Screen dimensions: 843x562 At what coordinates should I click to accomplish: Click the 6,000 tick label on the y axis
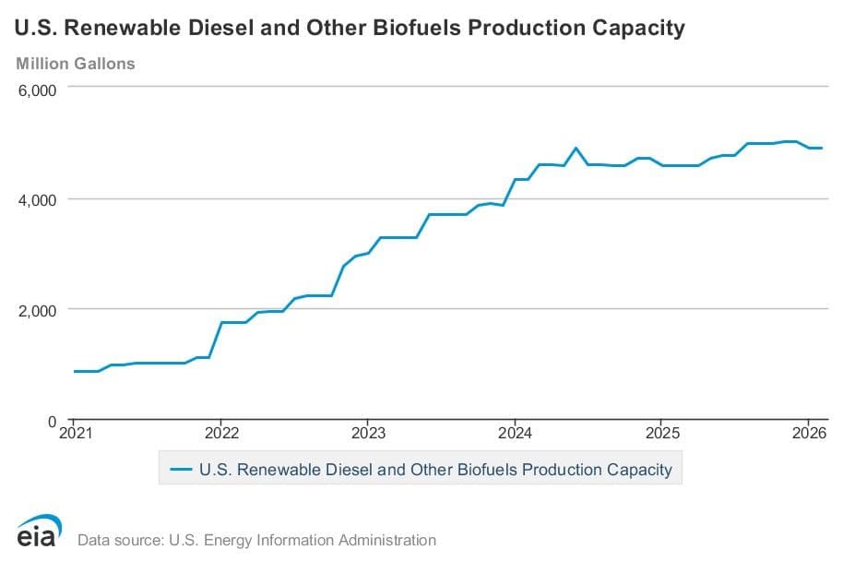point(37,90)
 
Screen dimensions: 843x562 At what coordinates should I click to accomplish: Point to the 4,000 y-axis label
point(37,200)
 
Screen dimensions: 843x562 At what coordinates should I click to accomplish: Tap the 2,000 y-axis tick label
point(37,310)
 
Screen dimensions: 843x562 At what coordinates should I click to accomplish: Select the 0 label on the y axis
point(53,422)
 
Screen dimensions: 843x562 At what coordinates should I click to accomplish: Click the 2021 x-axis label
point(76,433)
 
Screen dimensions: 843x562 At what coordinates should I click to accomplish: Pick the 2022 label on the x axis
point(221,433)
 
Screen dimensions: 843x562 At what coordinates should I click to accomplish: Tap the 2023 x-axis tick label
point(368,433)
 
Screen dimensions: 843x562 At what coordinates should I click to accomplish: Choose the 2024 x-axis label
point(515,433)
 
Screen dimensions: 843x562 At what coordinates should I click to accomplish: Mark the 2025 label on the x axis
point(662,433)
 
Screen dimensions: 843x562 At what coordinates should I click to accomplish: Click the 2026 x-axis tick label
point(809,433)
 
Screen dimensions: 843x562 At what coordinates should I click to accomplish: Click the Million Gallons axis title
point(76,64)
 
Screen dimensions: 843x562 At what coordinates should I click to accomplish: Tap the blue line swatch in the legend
point(181,470)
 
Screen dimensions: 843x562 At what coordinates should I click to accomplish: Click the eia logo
point(39,531)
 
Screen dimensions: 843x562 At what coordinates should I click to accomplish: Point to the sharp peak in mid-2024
point(576,148)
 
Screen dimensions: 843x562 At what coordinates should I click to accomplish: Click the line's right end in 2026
point(822,148)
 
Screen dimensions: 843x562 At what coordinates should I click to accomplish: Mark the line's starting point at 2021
point(74,371)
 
